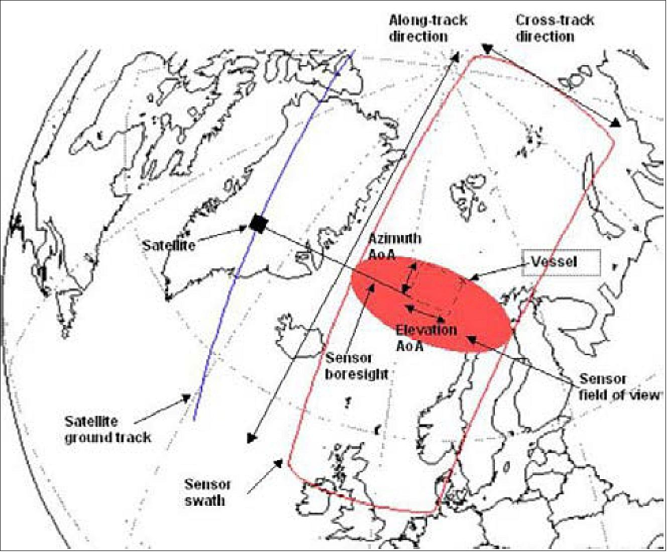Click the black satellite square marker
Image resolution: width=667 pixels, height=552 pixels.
(x=258, y=223)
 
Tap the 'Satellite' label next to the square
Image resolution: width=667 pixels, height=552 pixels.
(x=168, y=245)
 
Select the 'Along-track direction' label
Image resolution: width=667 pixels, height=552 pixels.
(x=428, y=28)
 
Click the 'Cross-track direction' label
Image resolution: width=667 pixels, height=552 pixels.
(x=555, y=28)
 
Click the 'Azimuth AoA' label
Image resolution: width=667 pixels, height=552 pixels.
(x=394, y=246)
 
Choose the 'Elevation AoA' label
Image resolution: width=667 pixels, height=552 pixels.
(x=426, y=338)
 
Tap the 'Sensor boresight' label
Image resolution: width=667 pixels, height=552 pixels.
(x=357, y=366)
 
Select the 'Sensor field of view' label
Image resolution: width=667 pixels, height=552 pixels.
(x=618, y=387)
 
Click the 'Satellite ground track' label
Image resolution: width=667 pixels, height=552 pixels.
(x=107, y=429)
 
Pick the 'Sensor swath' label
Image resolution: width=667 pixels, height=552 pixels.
(x=207, y=492)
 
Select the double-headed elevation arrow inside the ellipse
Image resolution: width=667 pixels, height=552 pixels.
(x=426, y=312)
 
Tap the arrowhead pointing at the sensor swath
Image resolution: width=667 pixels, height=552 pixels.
(x=278, y=463)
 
